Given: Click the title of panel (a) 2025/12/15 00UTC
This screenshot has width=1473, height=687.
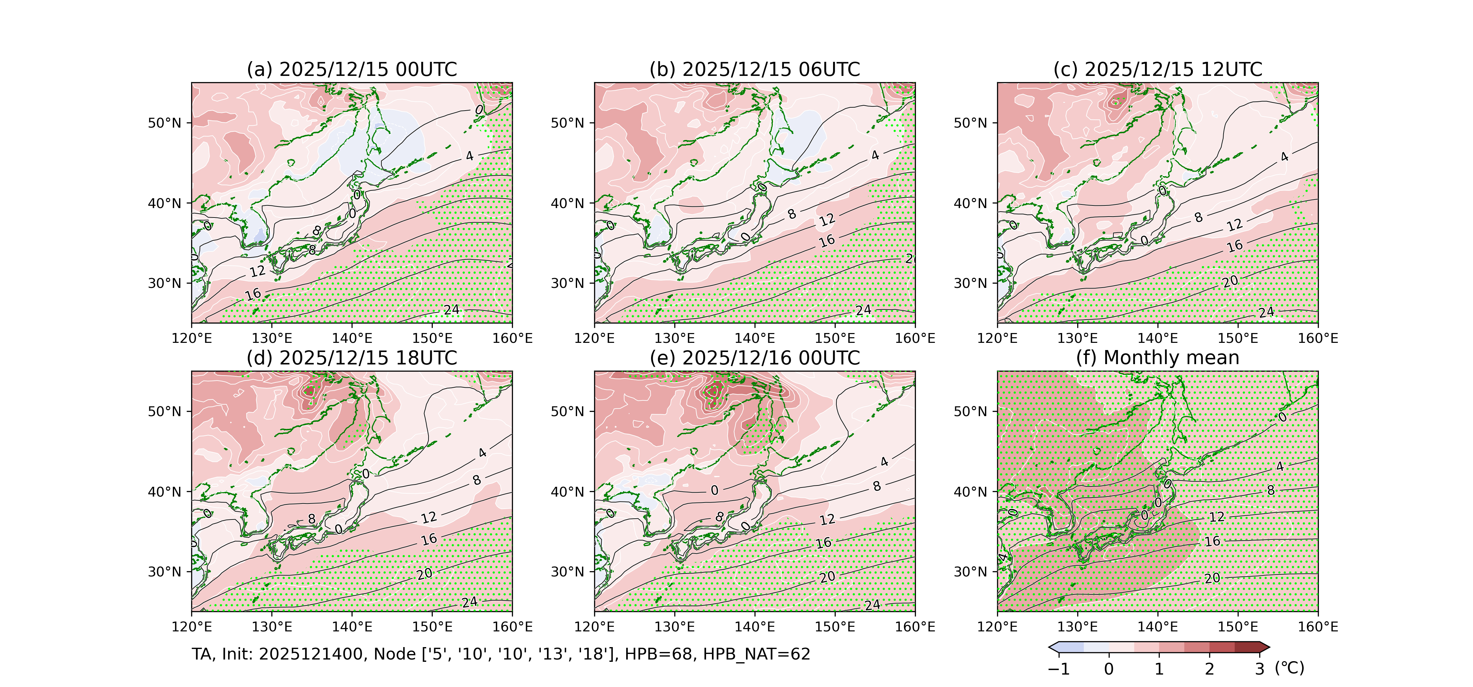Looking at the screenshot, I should coord(352,70).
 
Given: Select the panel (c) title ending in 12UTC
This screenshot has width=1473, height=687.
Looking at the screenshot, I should coord(1157,70).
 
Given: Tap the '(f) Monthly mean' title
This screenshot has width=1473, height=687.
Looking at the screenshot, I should coord(1157,358).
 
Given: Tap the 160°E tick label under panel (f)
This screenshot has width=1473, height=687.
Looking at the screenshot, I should coord(1318,627).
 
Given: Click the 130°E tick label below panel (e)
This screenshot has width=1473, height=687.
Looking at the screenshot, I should coord(674,627).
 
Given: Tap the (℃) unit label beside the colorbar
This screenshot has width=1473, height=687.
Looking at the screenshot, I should coord(1289,668).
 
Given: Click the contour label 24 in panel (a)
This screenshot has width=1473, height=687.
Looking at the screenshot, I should coord(451,310).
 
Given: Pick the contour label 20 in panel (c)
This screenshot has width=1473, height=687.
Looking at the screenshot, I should coord(1230,281).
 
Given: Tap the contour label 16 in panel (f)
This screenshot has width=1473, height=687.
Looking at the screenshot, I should coord(1212,541).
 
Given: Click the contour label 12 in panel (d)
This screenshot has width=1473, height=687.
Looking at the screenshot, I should coord(429,518).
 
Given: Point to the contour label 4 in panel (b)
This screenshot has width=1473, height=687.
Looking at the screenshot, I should coord(875,155).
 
